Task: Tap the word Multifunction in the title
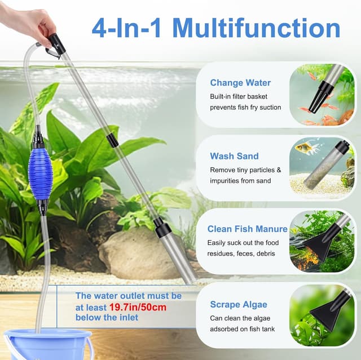point(256,28)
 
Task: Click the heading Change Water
point(240,83)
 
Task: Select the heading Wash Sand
point(235,156)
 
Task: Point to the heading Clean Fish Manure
point(248,229)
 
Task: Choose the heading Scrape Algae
point(239,304)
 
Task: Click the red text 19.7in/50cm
point(138,307)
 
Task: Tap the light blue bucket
point(48,344)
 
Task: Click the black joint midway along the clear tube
point(113,140)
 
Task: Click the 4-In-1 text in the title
point(126,28)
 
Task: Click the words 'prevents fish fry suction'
point(245,108)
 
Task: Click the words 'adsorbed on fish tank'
point(242,329)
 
